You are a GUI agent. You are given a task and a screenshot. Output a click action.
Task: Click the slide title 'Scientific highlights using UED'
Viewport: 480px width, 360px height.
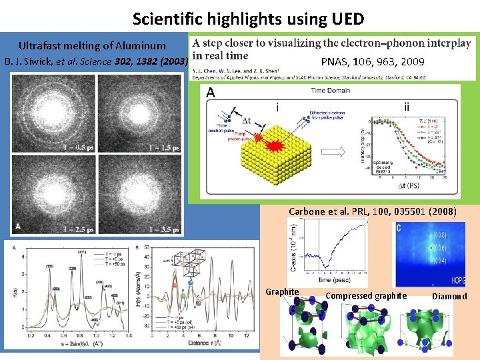coord(248,17)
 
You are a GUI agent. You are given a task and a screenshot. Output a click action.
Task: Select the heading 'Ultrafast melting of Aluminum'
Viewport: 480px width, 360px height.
coord(92,46)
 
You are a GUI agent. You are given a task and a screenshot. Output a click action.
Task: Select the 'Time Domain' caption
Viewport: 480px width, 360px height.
coord(331,90)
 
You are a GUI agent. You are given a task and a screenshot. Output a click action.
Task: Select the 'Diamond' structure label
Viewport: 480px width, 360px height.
coord(449,296)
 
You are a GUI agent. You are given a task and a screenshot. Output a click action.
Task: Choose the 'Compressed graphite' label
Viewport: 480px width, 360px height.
coord(366,295)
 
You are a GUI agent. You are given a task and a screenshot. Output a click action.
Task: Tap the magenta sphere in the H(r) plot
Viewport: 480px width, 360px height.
coord(198,303)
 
